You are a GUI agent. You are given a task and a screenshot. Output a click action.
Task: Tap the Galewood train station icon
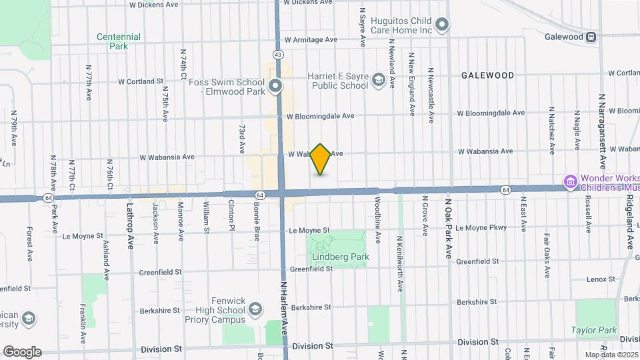591,37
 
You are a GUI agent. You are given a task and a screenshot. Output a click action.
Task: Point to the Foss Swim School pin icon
277,86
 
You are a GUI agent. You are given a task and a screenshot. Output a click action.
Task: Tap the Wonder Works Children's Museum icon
570,182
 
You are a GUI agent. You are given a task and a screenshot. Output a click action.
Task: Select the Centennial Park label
118,42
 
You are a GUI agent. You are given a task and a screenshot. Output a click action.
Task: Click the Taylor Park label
593,330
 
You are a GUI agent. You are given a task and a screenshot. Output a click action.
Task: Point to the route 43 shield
278,53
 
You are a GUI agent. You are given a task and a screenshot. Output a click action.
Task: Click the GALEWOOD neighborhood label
487,76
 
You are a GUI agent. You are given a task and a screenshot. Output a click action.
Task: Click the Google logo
22,351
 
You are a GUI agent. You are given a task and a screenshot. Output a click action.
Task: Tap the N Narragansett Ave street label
601,131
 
